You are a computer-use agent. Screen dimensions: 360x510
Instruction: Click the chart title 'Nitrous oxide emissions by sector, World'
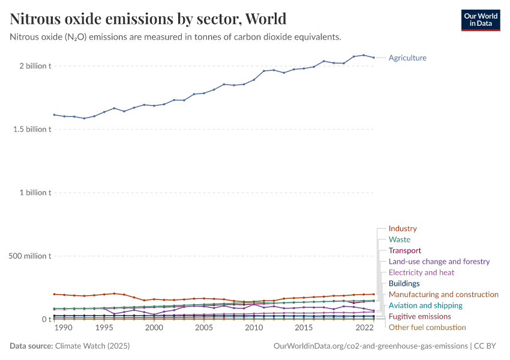148,19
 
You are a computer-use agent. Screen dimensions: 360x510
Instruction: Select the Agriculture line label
407,58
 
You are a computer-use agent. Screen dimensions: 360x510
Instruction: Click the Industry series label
403,229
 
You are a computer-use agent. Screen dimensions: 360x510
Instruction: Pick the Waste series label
400,239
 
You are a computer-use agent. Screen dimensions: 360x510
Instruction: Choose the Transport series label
405,250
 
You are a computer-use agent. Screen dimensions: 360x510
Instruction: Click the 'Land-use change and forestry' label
439,262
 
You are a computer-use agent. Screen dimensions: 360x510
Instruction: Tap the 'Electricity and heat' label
421,272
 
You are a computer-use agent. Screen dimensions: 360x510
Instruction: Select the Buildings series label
404,283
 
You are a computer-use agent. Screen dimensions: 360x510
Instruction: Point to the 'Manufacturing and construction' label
443,294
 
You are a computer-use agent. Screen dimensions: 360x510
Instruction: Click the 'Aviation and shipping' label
425,305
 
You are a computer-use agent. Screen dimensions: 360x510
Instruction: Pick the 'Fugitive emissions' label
419,316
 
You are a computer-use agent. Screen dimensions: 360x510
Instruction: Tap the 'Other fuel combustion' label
427,327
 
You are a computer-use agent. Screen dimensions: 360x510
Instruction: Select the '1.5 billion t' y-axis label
29,129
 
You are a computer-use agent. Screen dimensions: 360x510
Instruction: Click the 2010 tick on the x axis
254,328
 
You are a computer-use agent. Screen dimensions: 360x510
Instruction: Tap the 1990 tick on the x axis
64,328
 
